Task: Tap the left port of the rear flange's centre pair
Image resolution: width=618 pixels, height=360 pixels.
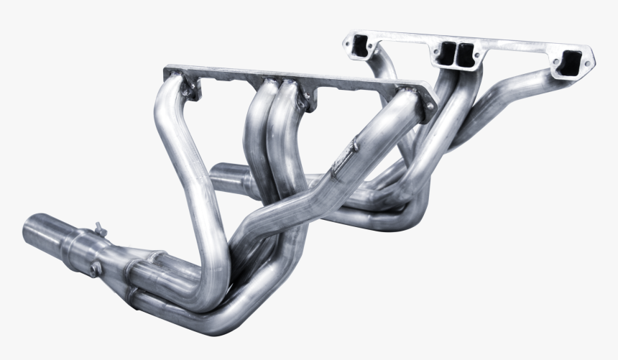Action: click(x=446, y=51)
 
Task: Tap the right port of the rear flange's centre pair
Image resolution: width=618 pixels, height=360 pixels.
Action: click(x=467, y=52)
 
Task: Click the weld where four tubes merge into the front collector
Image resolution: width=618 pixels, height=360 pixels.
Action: click(x=133, y=277)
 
